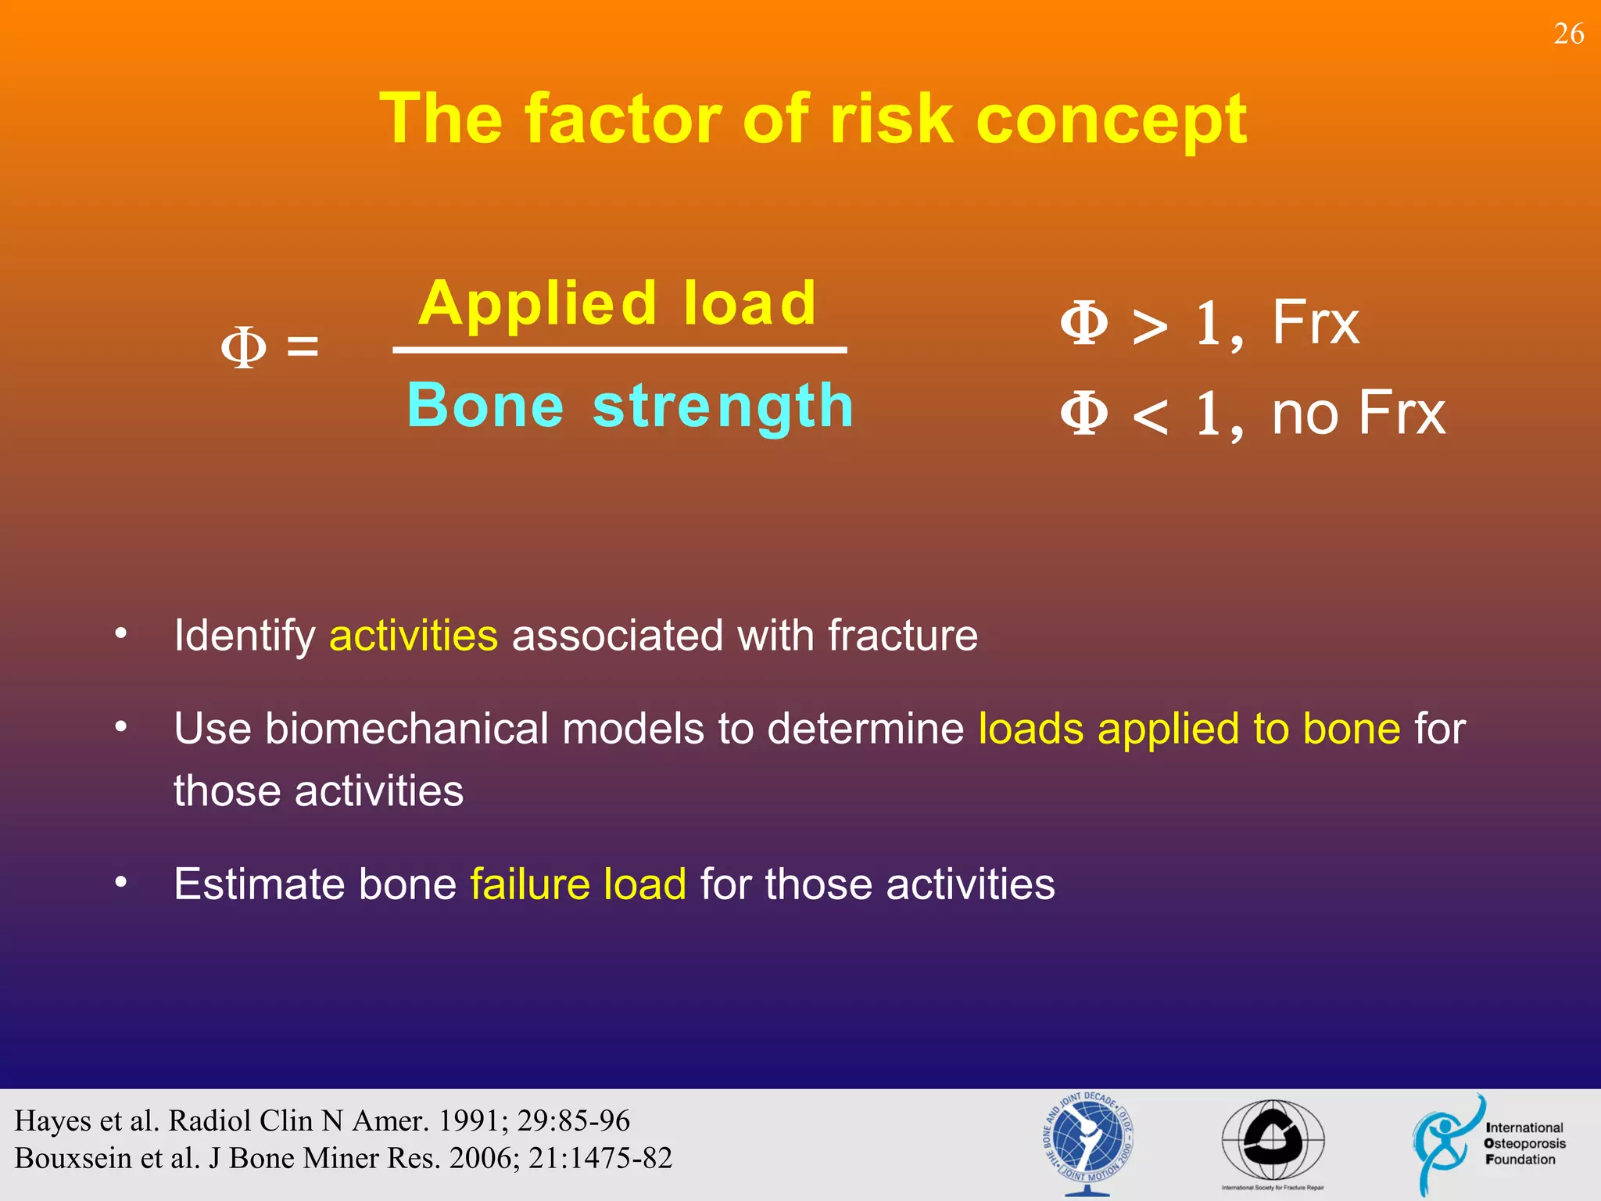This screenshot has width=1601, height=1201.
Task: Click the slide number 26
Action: pos(1568,34)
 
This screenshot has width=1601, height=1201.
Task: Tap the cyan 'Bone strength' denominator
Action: pos(630,406)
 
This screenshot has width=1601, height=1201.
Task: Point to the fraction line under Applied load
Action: pos(619,350)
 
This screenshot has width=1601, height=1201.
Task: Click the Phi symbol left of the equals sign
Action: pos(243,347)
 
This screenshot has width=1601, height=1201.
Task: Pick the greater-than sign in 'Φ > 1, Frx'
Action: pos(1150,326)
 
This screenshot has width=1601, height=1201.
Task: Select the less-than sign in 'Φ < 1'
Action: pos(1150,417)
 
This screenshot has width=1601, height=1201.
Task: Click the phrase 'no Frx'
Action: pos(1359,413)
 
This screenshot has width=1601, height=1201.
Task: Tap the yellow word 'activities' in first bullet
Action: pos(414,635)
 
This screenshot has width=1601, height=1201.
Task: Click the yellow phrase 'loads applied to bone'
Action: pos(1189,729)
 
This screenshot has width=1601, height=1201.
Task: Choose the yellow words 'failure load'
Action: pos(578,884)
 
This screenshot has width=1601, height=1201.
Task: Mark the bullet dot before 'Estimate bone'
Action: pos(120,882)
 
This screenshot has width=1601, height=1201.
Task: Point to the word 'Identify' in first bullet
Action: pos(244,635)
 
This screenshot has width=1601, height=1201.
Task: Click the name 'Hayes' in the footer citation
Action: pos(53,1121)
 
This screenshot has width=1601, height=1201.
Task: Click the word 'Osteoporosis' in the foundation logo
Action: pos(1524,1143)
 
